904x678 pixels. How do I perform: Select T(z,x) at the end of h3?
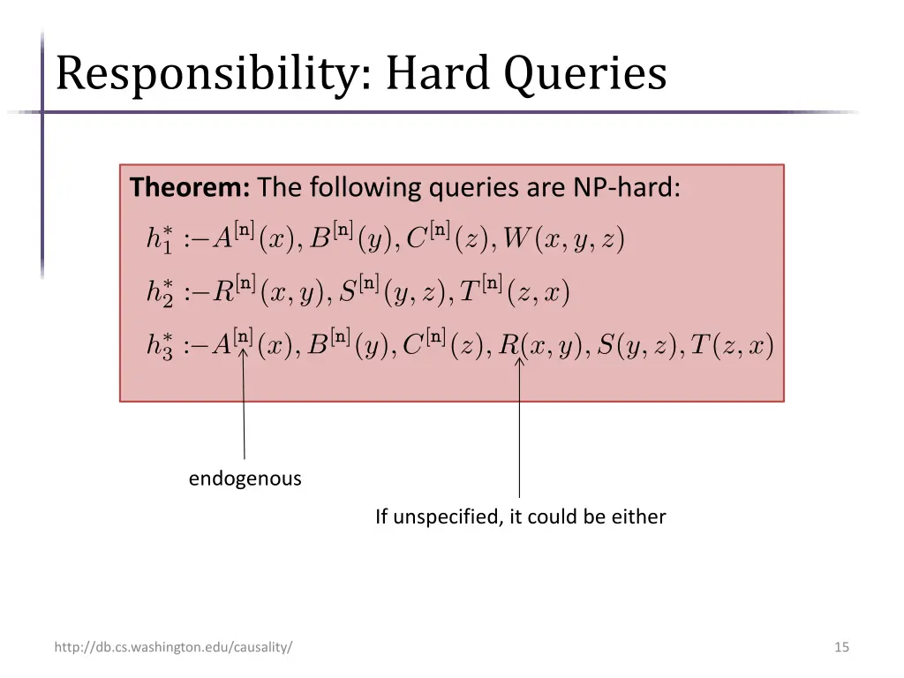coord(732,346)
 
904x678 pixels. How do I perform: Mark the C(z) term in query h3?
coord(441,346)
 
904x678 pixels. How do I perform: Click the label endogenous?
coord(245,478)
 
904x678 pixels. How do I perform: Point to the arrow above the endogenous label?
coord(244,406)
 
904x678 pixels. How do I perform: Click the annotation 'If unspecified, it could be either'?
coord(520,516)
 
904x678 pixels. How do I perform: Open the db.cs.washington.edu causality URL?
coord(174,647)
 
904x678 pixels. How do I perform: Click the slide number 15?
coord(841,647)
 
